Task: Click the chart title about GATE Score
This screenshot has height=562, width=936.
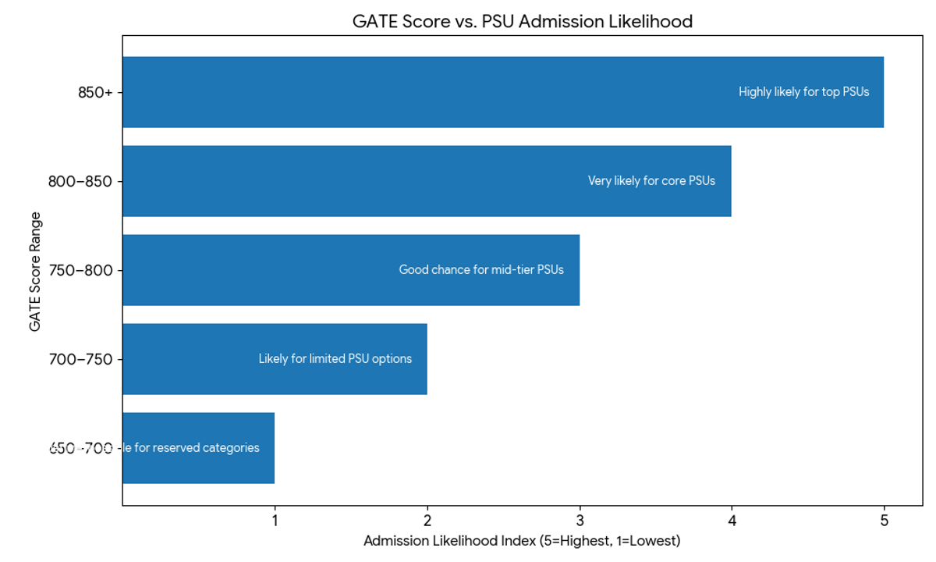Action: [522, 22]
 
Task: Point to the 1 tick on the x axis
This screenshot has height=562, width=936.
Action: [275, 521]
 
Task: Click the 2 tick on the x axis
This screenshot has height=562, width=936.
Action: [427, 521]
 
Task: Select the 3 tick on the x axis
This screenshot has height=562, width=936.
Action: [580, 521]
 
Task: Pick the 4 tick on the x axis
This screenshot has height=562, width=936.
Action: [732, 521]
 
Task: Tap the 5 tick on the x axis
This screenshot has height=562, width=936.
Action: [884, 521]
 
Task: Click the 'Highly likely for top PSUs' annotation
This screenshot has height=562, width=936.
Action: [803, 92]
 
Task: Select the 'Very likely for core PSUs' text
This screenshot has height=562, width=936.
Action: [651, 181]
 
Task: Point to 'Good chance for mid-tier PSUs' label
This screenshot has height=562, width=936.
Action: [481, 270]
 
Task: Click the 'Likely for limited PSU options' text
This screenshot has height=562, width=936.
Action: [335, 359]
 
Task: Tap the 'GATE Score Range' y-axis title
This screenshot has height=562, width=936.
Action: [35, 270]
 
